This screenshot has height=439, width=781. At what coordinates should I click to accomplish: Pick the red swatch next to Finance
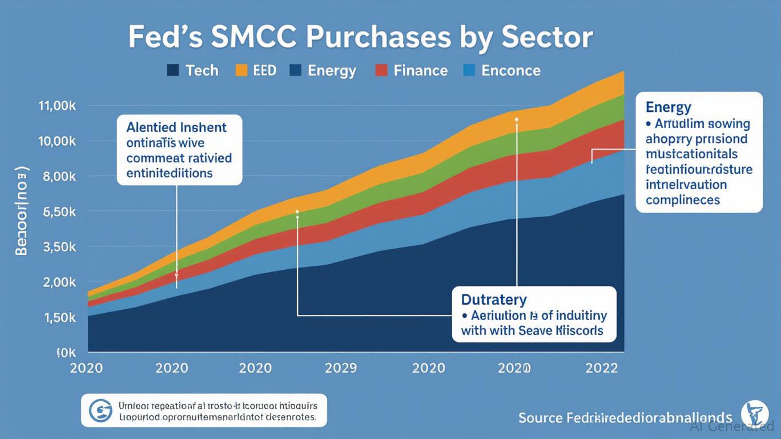pos(381,70)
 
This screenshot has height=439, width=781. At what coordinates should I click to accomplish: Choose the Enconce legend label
pos(511,71)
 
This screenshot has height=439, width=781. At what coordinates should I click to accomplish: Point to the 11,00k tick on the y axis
pos(57,106)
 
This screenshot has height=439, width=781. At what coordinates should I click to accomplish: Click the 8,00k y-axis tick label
pos(59,177)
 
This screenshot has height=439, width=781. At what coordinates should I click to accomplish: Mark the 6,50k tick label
pos(59,212)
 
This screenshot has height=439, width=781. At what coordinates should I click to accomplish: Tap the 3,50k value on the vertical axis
pos(59,248)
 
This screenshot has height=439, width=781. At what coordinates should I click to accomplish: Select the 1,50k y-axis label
pos(59,318)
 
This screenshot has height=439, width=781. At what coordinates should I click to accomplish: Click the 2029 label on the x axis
pos(341,368)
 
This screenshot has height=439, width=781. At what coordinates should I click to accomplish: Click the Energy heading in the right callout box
pos(669,107)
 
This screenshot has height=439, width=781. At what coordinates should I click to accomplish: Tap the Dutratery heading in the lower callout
pos(494,300)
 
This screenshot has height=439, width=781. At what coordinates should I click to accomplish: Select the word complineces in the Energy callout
pos(683,200)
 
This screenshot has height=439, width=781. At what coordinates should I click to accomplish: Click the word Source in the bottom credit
pos(540,418)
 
